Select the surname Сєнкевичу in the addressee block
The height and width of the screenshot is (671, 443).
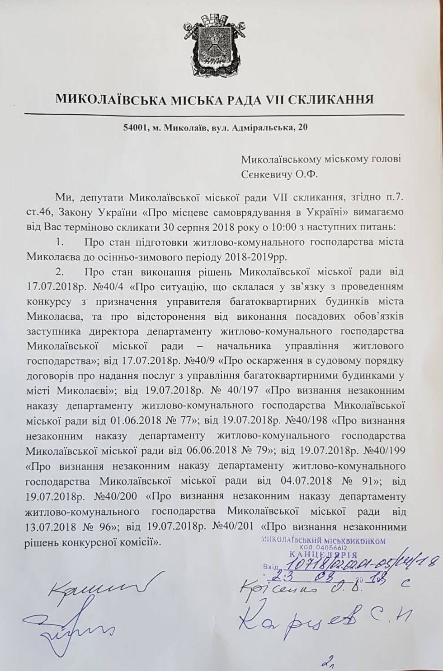(271, 174)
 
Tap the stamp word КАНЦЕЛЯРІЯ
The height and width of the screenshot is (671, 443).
(322, 554)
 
